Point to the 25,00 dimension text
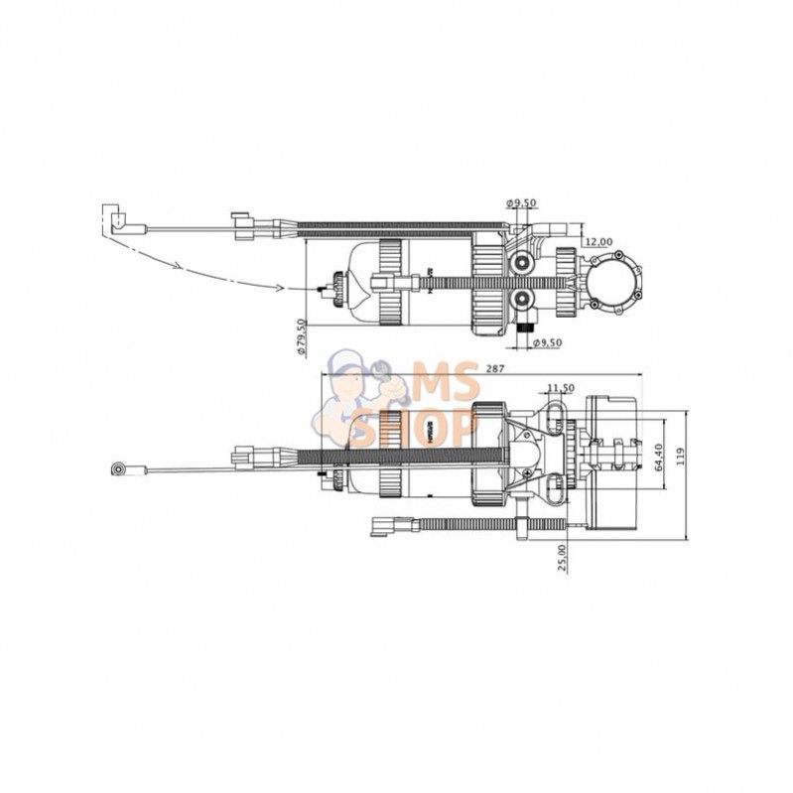coord(562,558)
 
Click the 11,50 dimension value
coord(560,389)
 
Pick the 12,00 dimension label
coord(597,241)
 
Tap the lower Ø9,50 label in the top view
coord(548,343)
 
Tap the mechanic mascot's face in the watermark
coord(355,377)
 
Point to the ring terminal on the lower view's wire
coord(119,467)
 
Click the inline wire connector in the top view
coord(244,226)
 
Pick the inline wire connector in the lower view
coord(248,458)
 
